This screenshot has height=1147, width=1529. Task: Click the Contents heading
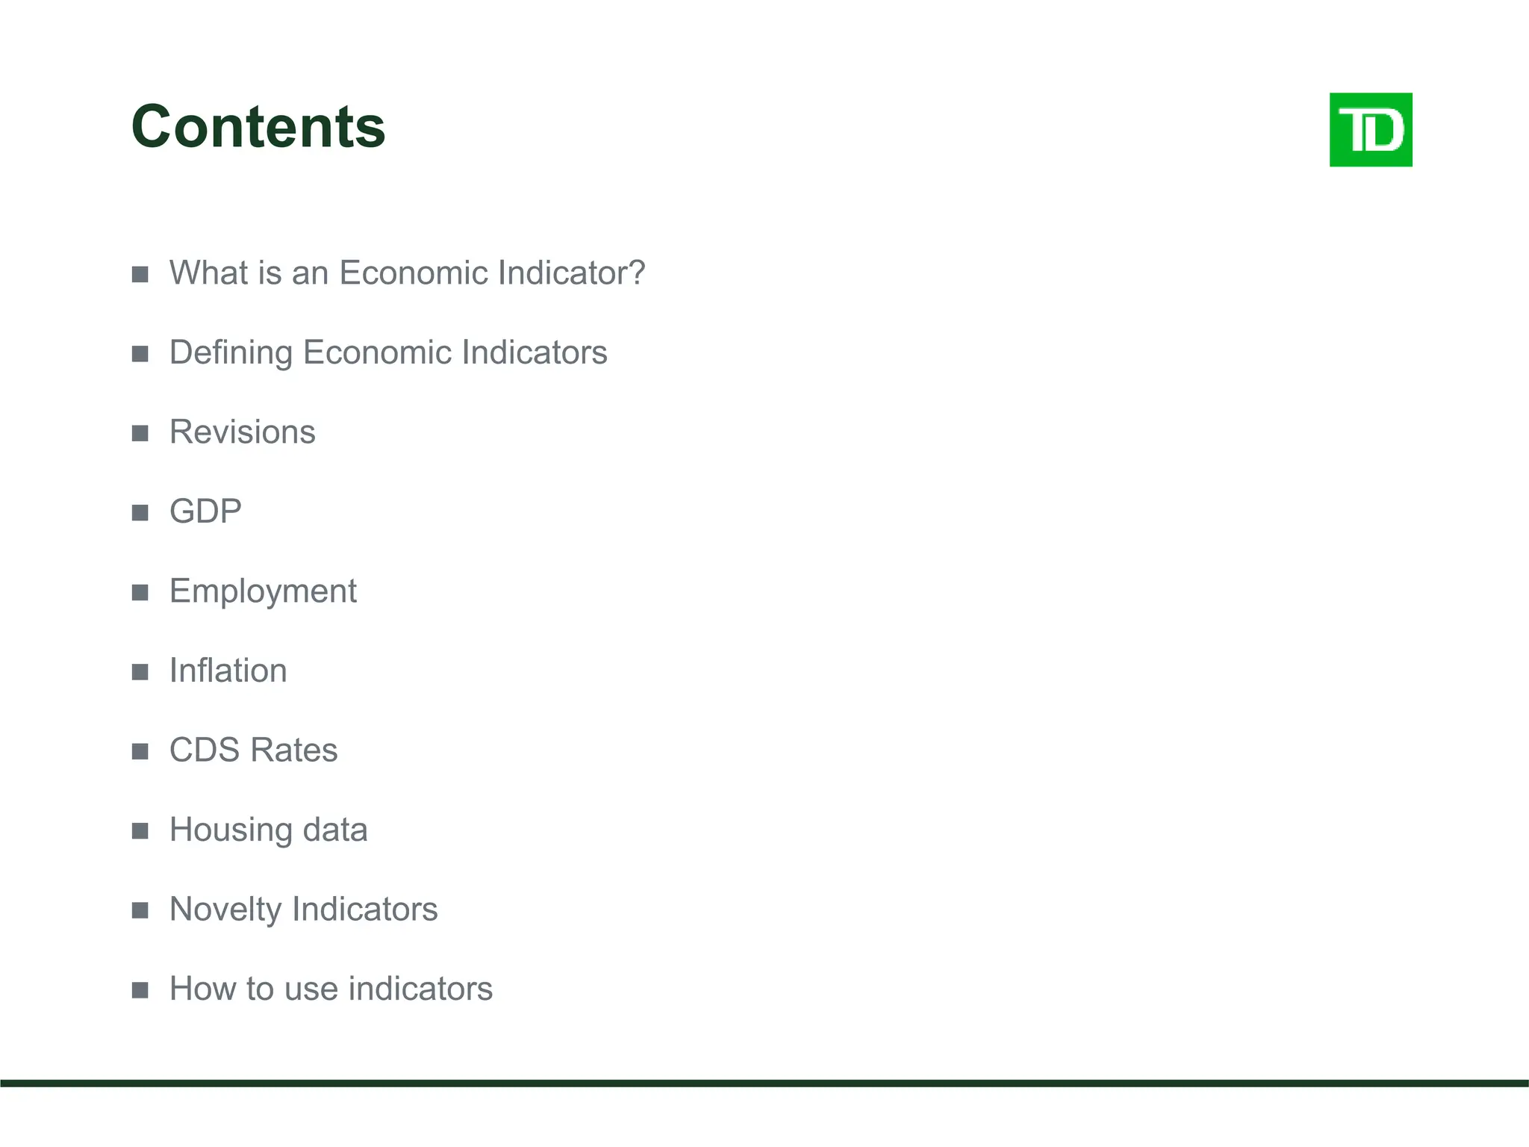coord(258,127)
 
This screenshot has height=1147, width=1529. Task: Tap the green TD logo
coord(1370,130)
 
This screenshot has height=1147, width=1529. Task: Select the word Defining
coord(231,353)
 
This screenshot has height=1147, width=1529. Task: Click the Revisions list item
coord(242,432)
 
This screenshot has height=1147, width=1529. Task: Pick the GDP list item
coord(205,512)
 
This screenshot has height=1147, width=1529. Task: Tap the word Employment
coord(263,592)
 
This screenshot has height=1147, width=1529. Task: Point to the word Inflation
coord(228,671)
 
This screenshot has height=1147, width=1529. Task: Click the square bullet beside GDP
coord(140,513)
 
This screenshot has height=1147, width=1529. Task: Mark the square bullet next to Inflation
coord(140,672)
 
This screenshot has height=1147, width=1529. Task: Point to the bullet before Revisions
coord(140,433)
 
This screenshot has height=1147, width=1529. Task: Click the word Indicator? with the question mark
coord(572,273)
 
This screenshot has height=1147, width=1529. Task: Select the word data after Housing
coord(334,830)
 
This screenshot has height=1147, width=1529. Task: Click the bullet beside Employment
coord(140,593)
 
